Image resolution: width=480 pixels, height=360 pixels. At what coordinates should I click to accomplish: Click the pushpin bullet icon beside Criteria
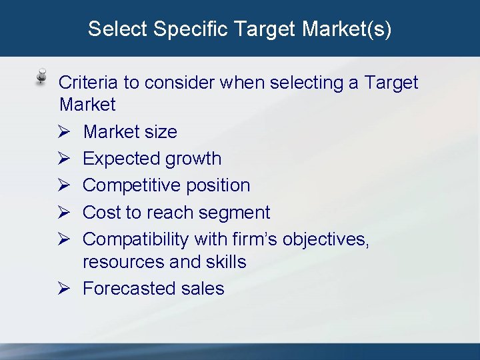coord(41,76)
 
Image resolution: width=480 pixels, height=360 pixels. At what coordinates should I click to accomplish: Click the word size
coord(160,132)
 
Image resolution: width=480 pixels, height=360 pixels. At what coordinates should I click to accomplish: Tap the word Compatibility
coord(136,239)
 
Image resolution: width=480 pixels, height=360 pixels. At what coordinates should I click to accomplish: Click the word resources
coord(123,261)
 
